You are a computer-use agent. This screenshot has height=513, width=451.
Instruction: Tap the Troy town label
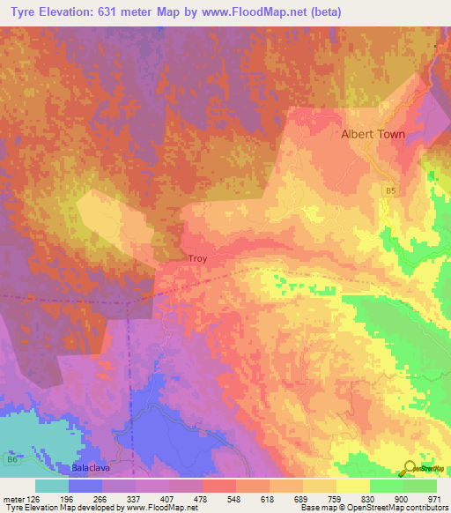click(x=196, y=259)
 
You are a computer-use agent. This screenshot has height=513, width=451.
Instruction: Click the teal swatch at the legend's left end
click(x=52, y=486)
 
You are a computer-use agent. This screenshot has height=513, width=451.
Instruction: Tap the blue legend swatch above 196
click(x=85, y=486)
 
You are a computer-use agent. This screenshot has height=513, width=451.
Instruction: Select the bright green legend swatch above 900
click(x=387, y=486)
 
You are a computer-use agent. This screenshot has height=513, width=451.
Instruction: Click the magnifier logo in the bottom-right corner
click(x=409, y=468)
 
